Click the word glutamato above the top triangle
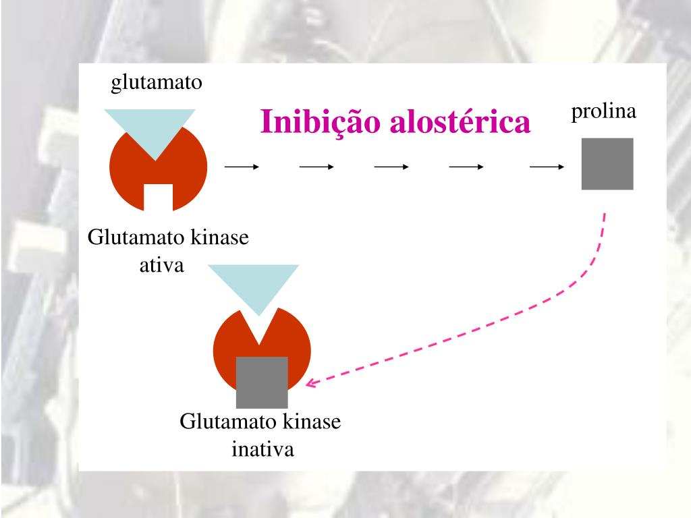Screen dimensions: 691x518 (x=157, y=83)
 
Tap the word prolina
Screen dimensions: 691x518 (x=605, y=112)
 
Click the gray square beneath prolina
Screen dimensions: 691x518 (x=607, y=163)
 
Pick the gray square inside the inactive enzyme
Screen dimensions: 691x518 (x=262, y=381)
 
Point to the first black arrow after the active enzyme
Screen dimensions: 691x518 (x=242, y=167)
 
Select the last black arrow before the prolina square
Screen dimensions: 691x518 (x=547, y=167)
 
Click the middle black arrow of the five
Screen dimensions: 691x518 (x=391, y=167)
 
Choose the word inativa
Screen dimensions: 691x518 (x=263, y=449)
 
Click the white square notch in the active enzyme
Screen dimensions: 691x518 (x=159, y=196)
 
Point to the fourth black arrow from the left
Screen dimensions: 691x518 (x=466, y=167)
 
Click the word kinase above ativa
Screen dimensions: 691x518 (x=219, y=239)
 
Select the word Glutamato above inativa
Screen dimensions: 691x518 (x=228, y=423)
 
